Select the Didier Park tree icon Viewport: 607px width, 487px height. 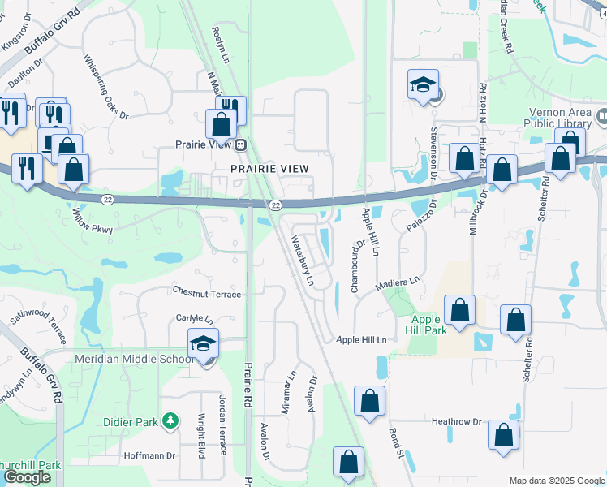[170, 420]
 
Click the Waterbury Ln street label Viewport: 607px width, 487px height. [302, 259]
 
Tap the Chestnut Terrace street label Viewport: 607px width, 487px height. [206, 293]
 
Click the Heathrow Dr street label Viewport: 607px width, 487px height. [456, 422]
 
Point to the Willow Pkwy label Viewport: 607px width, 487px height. [92, 221]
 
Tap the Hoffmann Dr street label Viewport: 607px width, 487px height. [149, 455]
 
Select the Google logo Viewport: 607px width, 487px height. [27, 477]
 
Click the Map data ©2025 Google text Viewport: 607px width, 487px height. [556, 481]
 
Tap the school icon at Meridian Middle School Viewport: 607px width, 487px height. [204, 343]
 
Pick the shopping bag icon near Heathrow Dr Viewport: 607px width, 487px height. [503, 435]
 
